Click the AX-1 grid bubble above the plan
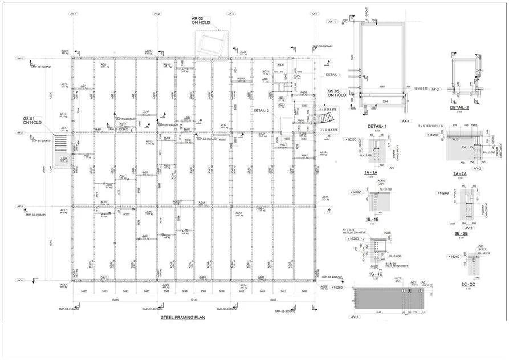click(73, 13)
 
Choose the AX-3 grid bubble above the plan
click(231, 13)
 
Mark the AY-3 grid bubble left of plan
click(20, 207)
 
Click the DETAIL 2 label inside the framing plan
click(261, 110)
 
